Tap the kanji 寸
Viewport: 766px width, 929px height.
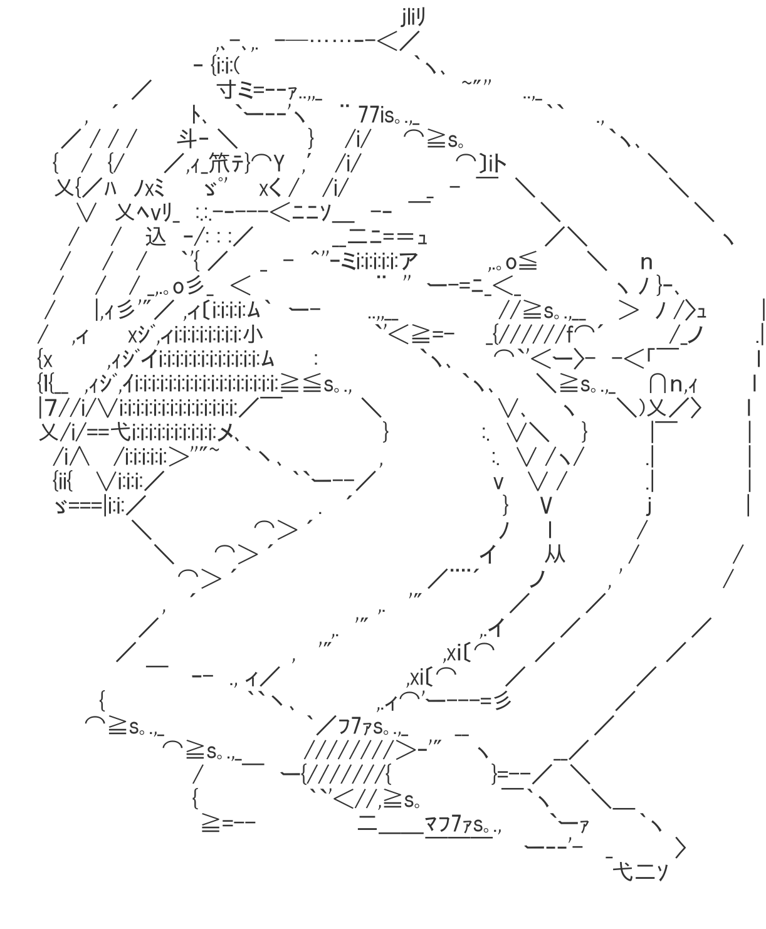click(x=227, y=91)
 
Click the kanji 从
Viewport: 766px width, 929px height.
click(x=555, y=555)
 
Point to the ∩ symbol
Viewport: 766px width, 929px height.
click(x=658, y=383)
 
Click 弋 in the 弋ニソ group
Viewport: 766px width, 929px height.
click(x=623, y=872)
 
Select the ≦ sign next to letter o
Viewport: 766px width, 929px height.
click(x=528, y=262)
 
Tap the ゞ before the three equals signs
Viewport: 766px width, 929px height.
click(x=61, y=506)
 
